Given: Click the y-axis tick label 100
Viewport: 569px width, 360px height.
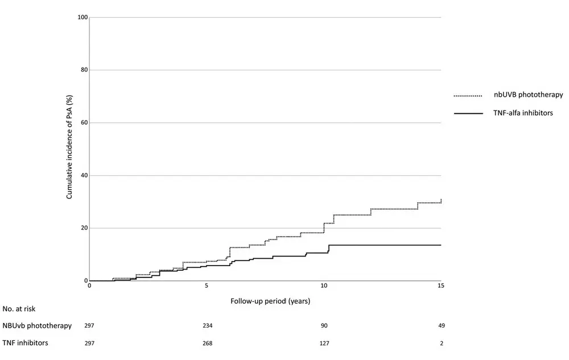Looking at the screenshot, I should click(83, 18).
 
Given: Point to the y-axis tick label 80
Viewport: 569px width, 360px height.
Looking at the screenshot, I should click(84, 70).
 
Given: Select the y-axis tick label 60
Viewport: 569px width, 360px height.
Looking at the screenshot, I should click(84, 123).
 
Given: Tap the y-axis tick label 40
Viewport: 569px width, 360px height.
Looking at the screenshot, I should click(84, 176).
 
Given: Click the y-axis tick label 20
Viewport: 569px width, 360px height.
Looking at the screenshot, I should click(84, 228).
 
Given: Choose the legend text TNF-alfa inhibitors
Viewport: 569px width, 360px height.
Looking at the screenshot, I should click(523, 113).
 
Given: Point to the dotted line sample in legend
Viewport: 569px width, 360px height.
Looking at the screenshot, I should click(468, 96).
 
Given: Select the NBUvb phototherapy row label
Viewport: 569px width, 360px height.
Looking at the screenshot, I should click(38, 326).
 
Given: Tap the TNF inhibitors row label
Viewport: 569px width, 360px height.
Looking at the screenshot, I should click(27, 343).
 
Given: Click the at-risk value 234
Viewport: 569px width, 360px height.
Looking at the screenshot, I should click(207, 326).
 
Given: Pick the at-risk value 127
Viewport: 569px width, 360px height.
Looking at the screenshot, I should click(324, 343).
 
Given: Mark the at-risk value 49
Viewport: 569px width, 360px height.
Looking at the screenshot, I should click(441, 326).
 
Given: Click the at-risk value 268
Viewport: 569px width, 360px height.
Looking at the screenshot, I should click(207, 343).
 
